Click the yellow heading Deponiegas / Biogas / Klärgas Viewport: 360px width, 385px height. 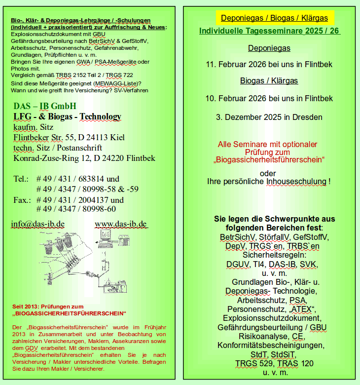(274, 18)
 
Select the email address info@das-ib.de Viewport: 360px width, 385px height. (37, 224)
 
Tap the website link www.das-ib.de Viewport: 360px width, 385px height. (121, 224)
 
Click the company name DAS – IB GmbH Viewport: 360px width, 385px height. (45, 106)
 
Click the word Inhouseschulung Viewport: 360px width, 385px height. (296, 181)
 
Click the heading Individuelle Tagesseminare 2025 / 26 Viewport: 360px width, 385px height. (269, 31)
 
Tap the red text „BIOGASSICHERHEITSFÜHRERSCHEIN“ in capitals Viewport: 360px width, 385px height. (70, 313)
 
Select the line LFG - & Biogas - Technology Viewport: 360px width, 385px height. (67, 117)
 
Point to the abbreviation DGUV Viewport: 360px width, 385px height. (237, 264)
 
